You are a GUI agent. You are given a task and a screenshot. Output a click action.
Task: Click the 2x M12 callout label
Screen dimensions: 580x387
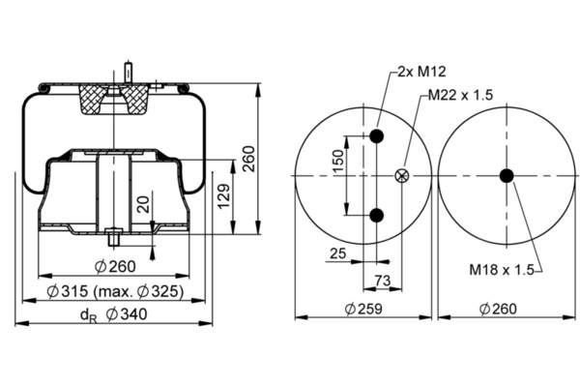pos(421,71)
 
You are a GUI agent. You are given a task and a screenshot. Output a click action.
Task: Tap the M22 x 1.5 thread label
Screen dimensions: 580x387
pos(460,95)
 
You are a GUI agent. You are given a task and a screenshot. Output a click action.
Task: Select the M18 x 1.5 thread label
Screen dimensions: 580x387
pos(502,270)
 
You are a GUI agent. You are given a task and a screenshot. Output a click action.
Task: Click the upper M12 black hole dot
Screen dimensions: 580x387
pos(377,136)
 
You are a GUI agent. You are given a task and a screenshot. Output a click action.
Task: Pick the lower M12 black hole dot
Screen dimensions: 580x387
pos(377,215)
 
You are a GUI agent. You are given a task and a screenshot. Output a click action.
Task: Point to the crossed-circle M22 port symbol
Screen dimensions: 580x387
pos(402,175)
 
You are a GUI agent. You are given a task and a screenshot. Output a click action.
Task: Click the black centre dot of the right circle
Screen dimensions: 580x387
pos(507,175)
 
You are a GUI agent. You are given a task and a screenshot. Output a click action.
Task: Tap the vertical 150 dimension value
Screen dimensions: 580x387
pos(338,162)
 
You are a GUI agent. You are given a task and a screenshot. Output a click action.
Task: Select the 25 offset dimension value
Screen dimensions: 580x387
pos(337,253)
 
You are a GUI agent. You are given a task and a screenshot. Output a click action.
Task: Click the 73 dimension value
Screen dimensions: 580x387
pos(383,281)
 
